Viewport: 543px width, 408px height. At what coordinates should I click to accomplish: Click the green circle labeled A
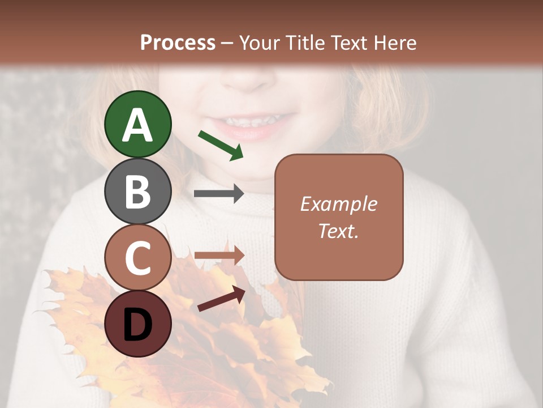tap(138, 124)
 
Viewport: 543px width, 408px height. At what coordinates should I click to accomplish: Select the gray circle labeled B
tap(138, 191)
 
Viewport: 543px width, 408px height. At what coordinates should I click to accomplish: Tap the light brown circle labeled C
tap(138, 257)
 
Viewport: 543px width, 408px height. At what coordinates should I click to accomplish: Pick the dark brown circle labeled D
tap(138, 324)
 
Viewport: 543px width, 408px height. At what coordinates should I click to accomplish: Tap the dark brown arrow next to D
tap(221, 299)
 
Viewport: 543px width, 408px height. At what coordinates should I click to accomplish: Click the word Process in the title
tap(178, 42)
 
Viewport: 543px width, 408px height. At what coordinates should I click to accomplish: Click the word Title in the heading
tap(307, 42)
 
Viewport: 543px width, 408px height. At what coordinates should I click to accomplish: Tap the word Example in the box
tap(338, 204)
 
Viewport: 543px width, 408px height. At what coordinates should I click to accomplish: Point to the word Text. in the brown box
tap(338, 231)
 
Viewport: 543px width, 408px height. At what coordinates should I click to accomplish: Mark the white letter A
tap(138, 125)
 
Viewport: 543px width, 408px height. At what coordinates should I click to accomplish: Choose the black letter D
tap(138, 325)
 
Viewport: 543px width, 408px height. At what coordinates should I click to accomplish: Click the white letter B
tap(138, 192)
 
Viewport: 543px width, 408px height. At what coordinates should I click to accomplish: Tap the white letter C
tap(138, 258)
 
